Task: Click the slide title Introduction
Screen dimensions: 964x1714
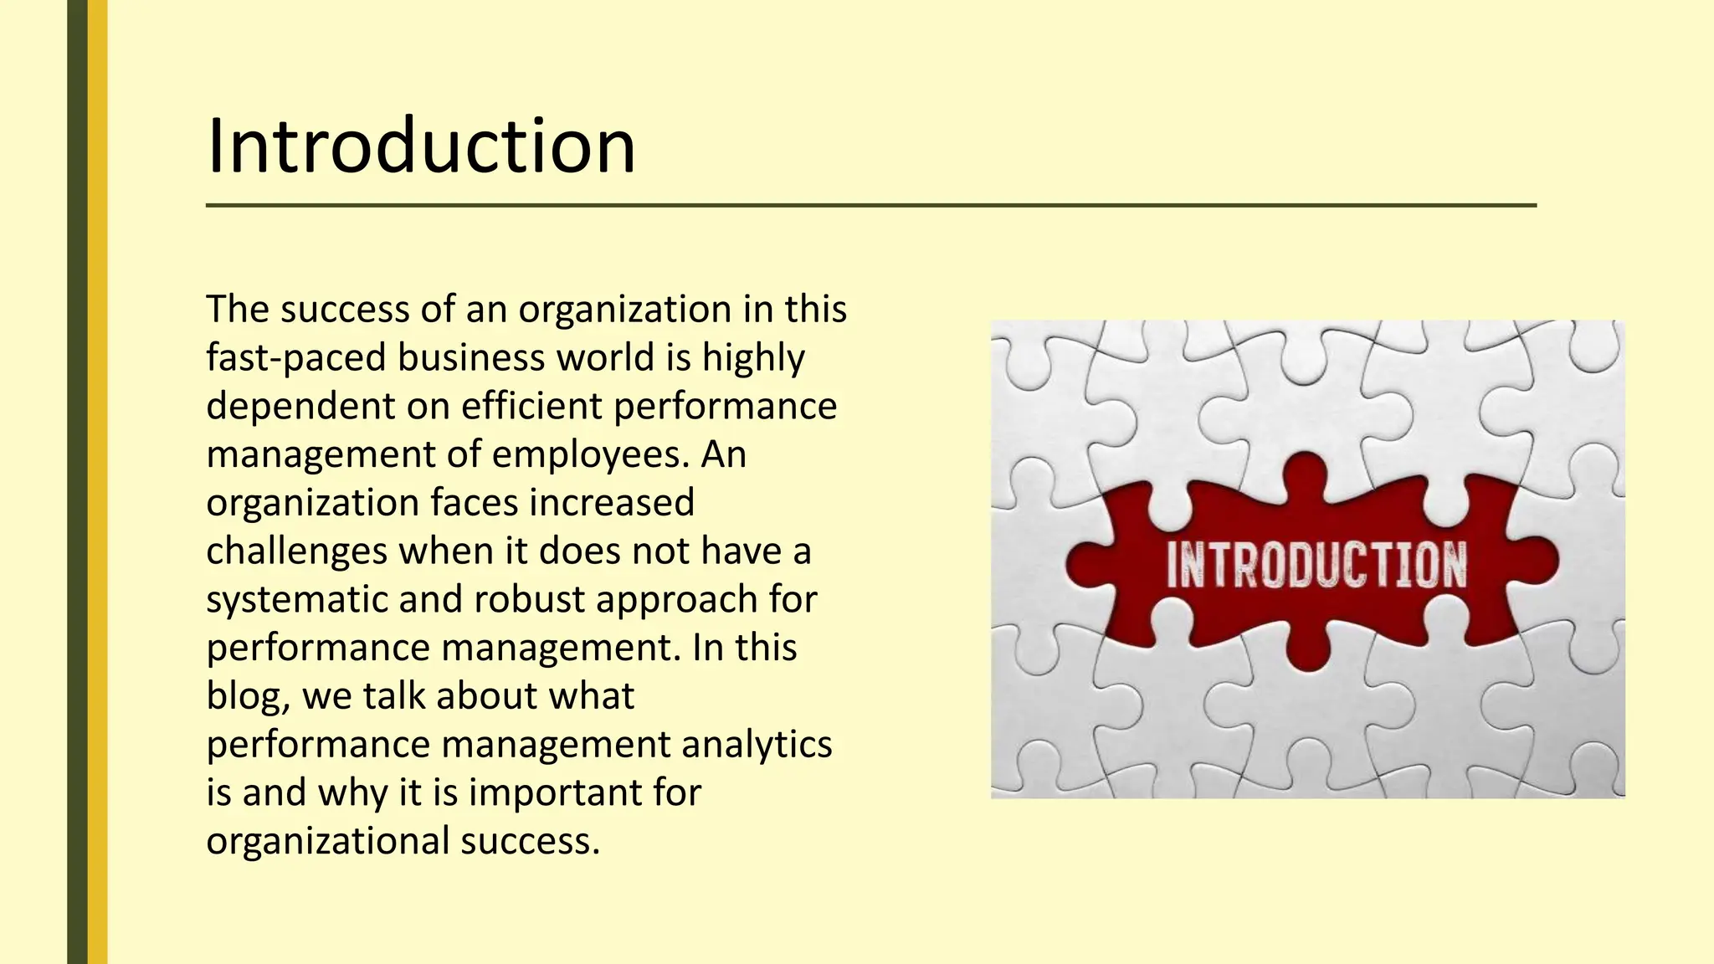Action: [x=421, y=146]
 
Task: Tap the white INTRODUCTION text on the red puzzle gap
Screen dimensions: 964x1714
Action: [x=1316, y=565]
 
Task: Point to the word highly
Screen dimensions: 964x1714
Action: [x=753, y=358]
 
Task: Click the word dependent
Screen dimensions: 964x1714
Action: [x=300, y=407]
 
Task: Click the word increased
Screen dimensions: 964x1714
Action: [x=612, y=503]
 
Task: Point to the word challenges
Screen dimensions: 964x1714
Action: [x=296, y=551]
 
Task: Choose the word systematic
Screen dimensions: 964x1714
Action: [x=296, y=600]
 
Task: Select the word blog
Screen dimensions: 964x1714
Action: [x=245, y=696]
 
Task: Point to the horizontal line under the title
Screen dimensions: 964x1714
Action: [x=870, y=205]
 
